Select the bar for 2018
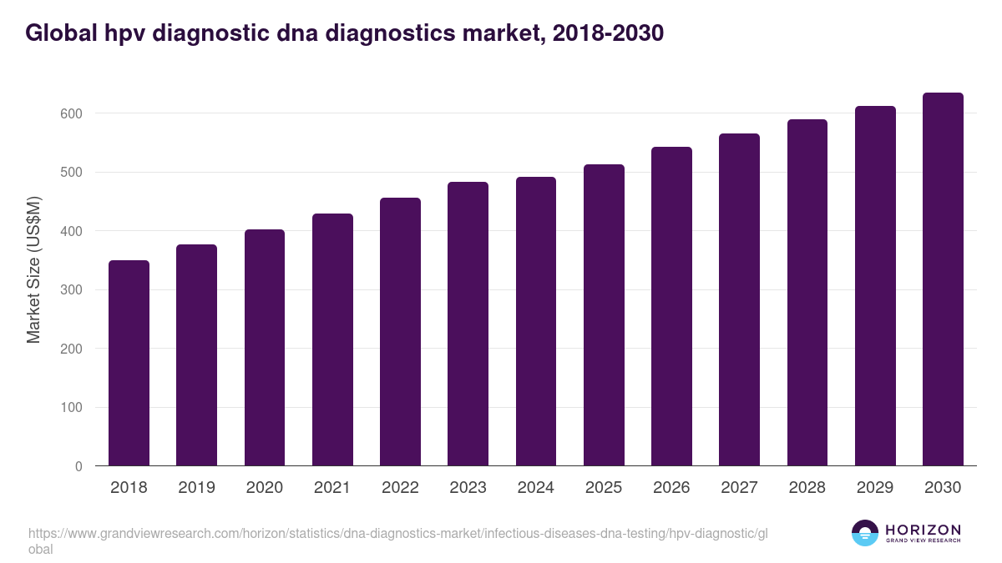pos(129,364)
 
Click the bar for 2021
pos(332,340)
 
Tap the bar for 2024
pos(536,322)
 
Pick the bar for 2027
pos(739,300)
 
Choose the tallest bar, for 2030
pos(943,279)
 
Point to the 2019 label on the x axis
pos(196,488)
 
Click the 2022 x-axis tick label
pos(400,488)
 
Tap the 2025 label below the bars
pos(604,488)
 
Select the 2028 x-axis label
pos(807,488)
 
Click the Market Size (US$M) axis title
pos(34,270)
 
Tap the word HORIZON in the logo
pos(922,530)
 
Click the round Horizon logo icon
pos(865,533)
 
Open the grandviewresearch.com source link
pos(397,534)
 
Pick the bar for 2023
pos(468,324)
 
